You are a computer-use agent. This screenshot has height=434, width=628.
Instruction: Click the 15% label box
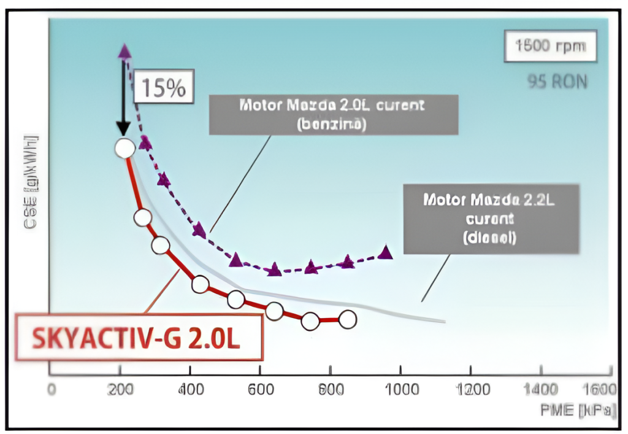coord(164,88)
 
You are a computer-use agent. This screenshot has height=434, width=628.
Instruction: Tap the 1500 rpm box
coord(550,47)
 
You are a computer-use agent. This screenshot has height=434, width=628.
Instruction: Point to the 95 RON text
coord(556,81)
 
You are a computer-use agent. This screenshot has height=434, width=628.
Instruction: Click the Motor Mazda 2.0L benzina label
coord(333,114)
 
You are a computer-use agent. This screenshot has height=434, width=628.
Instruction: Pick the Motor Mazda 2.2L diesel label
coord(491,218)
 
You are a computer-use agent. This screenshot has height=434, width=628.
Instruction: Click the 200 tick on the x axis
coord(121,389)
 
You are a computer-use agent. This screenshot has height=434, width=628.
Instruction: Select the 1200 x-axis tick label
coord(473,389)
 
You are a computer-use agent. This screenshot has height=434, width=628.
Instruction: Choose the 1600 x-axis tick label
coord(599,389)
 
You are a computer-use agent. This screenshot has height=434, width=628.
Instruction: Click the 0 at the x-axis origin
coord(52,389)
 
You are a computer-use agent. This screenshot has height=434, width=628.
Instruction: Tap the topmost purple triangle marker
coord(124,52)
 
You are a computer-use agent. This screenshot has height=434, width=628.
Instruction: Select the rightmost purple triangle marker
coord(385,252)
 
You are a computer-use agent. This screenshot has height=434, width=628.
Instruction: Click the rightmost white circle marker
coord(347,319)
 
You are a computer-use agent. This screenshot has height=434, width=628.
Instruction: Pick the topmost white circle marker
coord(124,148)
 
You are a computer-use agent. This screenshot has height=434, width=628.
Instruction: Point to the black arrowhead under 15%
coord(123,130)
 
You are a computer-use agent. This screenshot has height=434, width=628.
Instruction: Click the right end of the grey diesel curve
coord(443,320)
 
